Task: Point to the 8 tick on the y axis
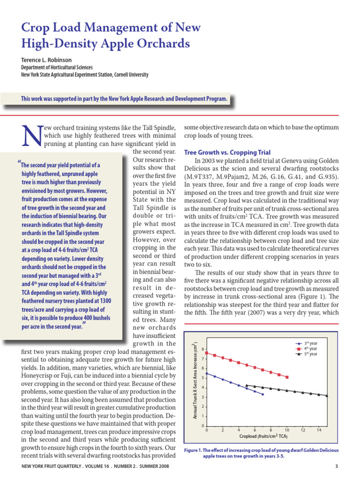[202, 349]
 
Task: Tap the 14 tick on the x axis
[319, 430]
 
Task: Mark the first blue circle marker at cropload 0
[207, 373]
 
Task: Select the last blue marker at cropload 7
[262, 395]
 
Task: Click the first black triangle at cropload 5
[247, 385]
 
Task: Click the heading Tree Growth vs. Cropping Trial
[227, 153]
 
